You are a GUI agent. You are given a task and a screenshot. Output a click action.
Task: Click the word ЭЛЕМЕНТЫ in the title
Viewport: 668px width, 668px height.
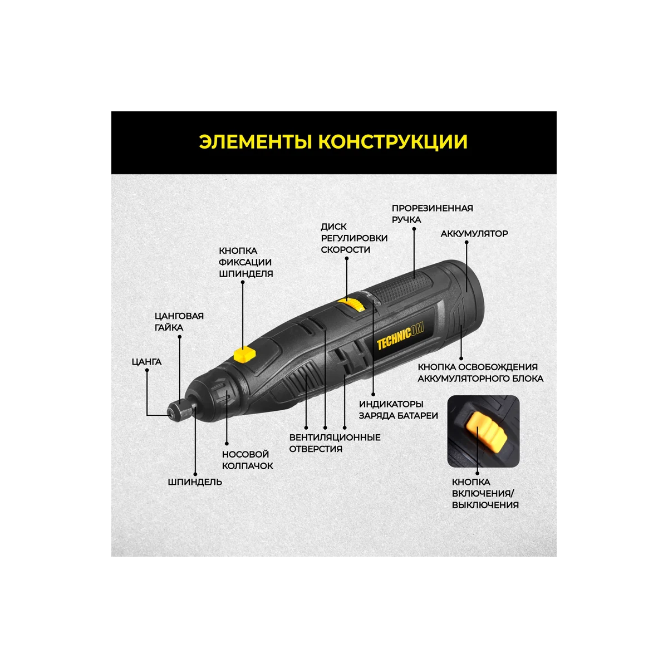(256, 142)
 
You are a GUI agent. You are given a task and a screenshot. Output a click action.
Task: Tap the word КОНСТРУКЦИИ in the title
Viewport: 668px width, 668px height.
(392, 142)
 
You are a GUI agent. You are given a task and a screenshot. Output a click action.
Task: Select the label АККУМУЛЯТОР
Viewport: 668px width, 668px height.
(474, 234)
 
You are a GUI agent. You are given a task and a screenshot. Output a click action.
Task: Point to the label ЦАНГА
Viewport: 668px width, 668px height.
(146, 362)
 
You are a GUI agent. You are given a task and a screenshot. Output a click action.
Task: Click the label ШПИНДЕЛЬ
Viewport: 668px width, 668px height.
(195, 482)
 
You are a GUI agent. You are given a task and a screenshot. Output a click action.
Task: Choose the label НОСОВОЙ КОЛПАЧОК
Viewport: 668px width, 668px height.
(247, 460)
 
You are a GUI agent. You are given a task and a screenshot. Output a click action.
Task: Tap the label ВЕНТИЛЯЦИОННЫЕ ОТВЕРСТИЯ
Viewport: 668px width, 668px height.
(335, 443)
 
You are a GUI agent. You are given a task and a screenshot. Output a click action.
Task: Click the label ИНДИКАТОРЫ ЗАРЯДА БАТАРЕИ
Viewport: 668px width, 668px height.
(398, 410)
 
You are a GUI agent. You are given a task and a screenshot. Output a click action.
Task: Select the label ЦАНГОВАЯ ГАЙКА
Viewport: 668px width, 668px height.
(179, 322)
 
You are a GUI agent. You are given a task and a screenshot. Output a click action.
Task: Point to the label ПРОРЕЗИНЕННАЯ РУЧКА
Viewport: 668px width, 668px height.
(432, 214)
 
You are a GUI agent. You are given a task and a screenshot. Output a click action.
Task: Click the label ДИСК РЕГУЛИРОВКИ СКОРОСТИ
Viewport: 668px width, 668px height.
(354, 238)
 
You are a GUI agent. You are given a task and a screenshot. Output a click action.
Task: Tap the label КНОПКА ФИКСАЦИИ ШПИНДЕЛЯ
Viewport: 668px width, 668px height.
(245, 262)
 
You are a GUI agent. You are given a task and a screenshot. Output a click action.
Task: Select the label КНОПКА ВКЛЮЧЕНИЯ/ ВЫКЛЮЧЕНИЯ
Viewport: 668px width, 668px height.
(485, 494)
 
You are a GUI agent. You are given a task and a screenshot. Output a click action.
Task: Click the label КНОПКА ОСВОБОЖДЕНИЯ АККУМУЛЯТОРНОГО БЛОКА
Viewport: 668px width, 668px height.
(480, 373)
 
